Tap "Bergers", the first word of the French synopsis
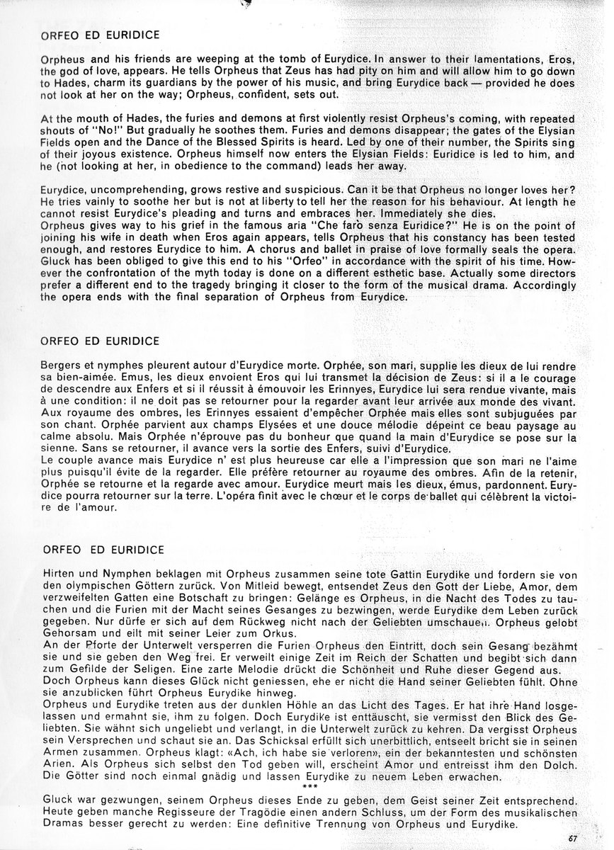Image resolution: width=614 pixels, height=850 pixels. [62, 364]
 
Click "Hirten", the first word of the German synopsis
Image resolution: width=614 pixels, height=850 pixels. [59, 571]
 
